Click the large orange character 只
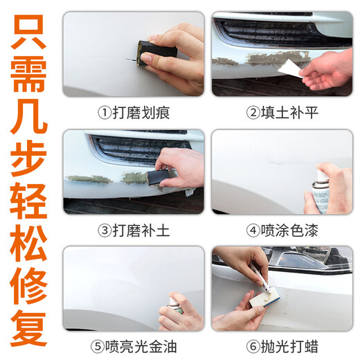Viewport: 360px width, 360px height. coord(29,31)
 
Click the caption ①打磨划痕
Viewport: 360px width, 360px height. coord(134,112)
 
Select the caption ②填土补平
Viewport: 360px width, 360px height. coord(282,112)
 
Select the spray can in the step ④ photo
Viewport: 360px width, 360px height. coord(320,192)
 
